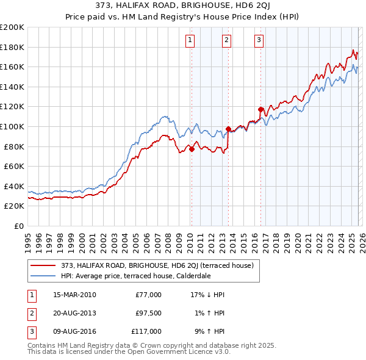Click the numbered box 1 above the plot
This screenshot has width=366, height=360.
(190, 40)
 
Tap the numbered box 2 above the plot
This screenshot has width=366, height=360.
(226, 40)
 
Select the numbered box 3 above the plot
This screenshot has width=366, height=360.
(259, 40)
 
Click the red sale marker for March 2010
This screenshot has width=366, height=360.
(192, 149)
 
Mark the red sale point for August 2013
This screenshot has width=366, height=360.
(228, 129)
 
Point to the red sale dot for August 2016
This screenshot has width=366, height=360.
(260, 109)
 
